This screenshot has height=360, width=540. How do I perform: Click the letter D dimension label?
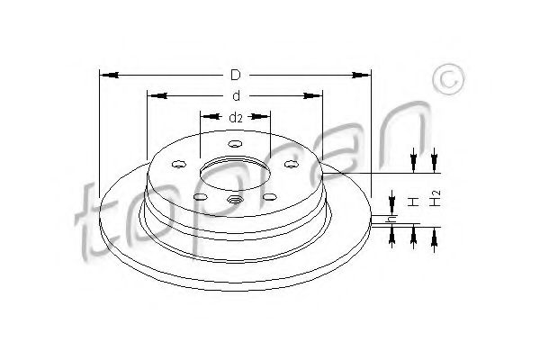click(x=236, y=75)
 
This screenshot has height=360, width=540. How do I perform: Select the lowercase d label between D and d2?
click(x=236, y=96)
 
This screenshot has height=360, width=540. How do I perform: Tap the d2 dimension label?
click(x=236, y=118)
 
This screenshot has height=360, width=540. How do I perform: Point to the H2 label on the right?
click(x=436, y=198)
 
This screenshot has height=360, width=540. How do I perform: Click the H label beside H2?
click(x=413, y=202)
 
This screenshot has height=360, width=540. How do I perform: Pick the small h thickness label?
click(x=391, y=219)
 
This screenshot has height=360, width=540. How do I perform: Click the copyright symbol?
click(x=448, y=79)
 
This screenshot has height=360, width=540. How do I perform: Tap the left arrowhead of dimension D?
click(x=109, y=75)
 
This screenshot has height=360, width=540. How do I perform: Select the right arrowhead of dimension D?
click(x=361, y=75)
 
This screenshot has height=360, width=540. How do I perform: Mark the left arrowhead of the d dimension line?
click(x=157, y=95)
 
